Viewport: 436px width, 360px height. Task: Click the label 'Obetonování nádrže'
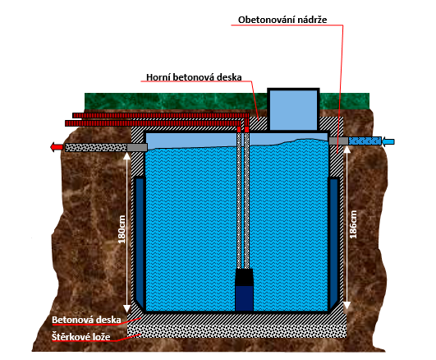[282, 20]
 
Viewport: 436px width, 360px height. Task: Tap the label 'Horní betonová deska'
[194, 77]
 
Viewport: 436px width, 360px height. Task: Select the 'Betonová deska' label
[86, 320]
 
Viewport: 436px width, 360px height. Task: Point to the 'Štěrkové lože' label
[81, 337]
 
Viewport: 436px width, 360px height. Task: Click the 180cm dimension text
[122, 229]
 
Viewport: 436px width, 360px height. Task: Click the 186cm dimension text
[353, 224]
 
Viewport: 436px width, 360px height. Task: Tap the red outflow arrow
[57, 147]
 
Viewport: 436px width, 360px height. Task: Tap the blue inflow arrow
[388, 141]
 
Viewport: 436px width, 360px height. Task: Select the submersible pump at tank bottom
[244, 289]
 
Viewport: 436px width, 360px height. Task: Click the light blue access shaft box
[293, 109]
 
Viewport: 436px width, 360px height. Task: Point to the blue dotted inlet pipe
[365, 141]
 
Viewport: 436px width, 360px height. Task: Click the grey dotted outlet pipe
[96, 148]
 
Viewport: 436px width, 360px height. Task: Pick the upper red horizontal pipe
[161, 116]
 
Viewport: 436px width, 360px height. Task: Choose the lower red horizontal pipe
[153, 123]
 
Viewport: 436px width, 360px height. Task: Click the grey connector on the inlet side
[338, 141]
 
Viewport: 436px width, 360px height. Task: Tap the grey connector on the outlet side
[137, 148]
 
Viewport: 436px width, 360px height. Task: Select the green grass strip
[227, 101]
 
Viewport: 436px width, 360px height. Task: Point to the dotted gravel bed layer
[237, 330]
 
